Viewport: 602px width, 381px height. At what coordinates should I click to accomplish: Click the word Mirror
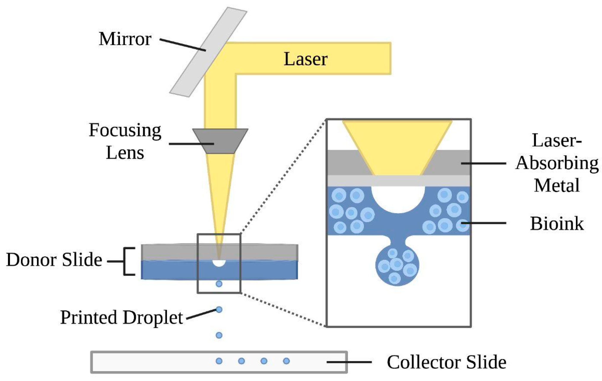[125, 39]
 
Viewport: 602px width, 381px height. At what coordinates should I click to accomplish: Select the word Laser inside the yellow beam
[305, 59]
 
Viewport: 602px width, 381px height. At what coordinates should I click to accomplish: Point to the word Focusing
[125, 131]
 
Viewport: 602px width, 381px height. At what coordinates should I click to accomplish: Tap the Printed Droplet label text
[122, 317]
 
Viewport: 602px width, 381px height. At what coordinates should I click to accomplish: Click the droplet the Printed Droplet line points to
[219, 310]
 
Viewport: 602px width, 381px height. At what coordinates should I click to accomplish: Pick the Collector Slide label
[447, 362]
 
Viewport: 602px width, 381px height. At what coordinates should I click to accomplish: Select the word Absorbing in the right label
[557, 163]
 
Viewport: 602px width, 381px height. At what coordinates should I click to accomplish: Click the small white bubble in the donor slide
[219, 263]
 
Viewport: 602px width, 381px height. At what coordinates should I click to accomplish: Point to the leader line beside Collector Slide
[349, 362]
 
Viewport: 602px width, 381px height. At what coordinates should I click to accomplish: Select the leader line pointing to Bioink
[484, 223]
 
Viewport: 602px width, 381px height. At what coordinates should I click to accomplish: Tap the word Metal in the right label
[557, 186]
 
